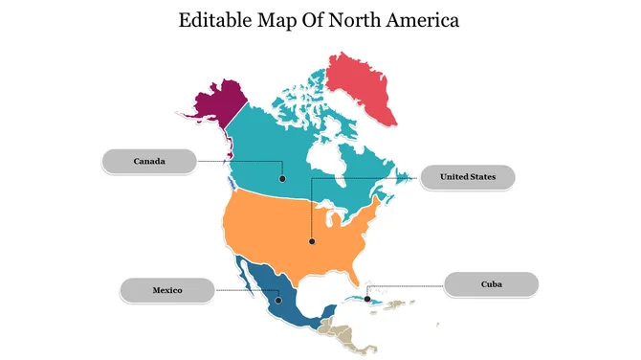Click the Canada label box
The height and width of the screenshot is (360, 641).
[x=149, y=162]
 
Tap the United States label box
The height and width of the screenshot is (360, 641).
[x=468, y=177]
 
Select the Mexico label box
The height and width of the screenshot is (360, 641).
[x=166, y=289]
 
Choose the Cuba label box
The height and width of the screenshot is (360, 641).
[x=492, y=284]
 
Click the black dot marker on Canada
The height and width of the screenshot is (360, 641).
[x=282, y=178]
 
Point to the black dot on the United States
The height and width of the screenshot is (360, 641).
[x=311, y=241]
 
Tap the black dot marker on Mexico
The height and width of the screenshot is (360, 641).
[x=278, y=301]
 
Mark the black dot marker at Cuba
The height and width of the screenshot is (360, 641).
[x=369, y=298]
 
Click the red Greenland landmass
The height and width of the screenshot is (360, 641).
[x=364, y=86]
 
